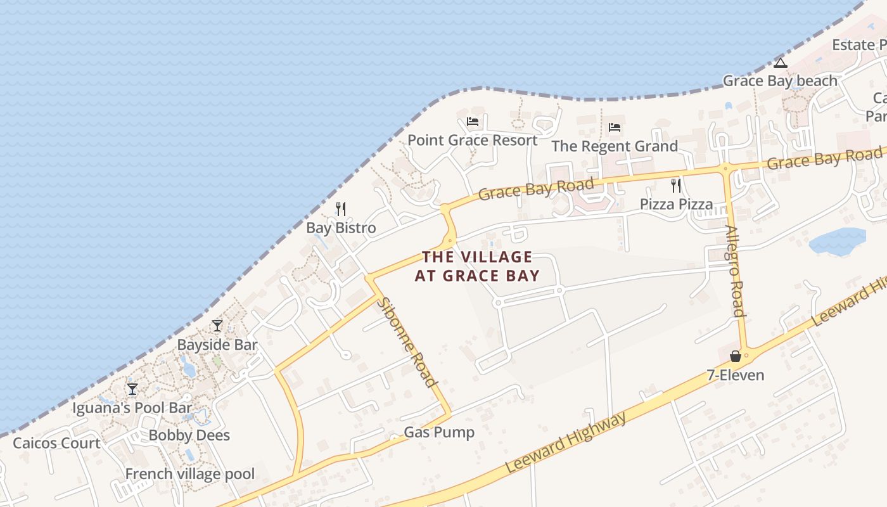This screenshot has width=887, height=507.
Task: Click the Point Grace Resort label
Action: pyautogui.click(x=472, y=140)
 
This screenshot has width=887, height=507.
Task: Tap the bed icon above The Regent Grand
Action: pyautogui.click(x=614, y=127)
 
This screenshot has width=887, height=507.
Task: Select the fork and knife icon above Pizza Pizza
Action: pyautogui.click(x=676, y=186)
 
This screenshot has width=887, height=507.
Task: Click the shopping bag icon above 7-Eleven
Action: pyautogui.click(x=735, y=356)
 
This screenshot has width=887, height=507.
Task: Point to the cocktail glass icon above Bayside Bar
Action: pyautogui.click(x=217, y=326)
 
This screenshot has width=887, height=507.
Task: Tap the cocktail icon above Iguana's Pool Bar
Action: pyautogui.click(x=132, y=388)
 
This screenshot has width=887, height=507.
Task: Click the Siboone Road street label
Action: pyautogui.click(x=407, y=342)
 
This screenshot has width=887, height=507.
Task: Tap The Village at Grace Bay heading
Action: pyautogui.click(x=478, y=266)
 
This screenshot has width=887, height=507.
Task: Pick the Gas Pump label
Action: pyautogui.click(x=439, y=433)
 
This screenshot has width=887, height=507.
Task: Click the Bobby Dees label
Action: pyautogui.click(x=189, y=435)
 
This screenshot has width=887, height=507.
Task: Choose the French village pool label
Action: pyautogui.click(x=190, y=474)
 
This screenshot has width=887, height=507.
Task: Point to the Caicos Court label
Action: pyautogui.click(x=56, y=443)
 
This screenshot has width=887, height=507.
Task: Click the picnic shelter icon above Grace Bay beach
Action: pyautogui.click(x=780, y=62)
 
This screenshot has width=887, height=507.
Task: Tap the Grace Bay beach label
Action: pyautogui.click(x=780, y=81)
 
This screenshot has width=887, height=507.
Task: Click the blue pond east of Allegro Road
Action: pyautogui.click(x=837, y=241)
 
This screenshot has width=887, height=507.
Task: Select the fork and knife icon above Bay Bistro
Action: pyautogui.click(x=341, y=209)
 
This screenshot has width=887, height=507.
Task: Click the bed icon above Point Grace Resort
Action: pyautogui.click(x=472, y=122)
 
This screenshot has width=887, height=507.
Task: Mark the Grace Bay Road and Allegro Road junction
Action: pyautogui.click(x=725, y=168)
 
